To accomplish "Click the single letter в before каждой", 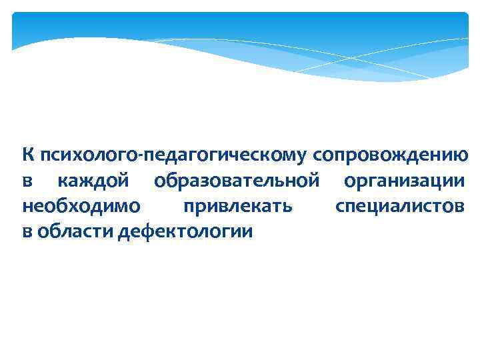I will [27, 182].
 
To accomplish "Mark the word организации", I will [405, 181].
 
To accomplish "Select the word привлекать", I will [237, 207].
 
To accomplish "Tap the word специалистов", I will [401, 207].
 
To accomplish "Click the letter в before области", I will [27, 233].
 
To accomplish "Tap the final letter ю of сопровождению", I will [461, 156].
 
